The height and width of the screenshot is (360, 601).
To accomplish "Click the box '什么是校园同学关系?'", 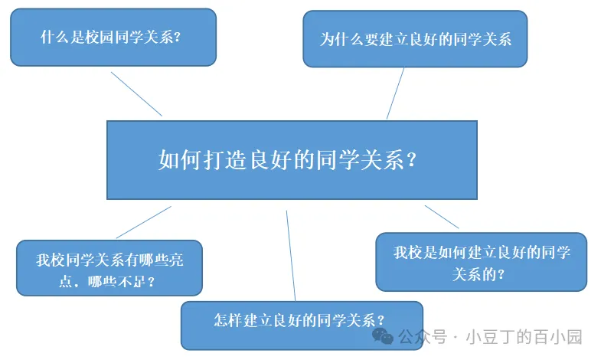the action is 113,37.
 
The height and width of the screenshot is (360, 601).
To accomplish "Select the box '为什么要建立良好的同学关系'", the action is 415,39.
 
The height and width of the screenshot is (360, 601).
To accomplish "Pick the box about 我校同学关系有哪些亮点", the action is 109,267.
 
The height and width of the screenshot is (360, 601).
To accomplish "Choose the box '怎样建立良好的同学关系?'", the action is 301,324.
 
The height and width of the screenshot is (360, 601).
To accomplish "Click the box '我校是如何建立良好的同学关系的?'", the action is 481,261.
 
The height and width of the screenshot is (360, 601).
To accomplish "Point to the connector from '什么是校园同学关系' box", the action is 136,94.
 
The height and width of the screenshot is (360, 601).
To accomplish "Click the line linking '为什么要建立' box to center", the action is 395,93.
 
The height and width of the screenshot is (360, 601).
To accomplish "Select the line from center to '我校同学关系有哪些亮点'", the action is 143,222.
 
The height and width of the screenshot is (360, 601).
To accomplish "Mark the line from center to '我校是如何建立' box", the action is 442,217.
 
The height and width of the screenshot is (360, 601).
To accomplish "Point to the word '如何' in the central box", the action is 181,159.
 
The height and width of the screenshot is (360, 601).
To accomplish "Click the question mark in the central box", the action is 412,159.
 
